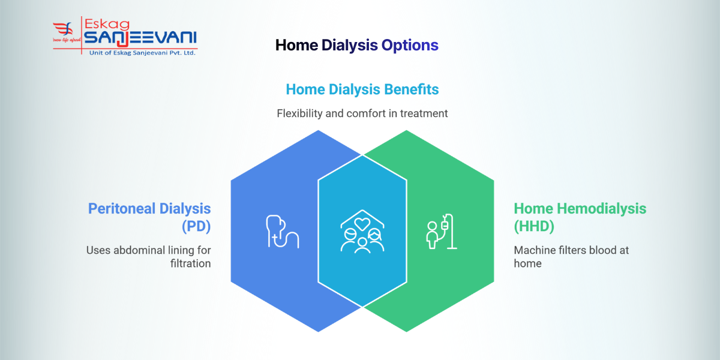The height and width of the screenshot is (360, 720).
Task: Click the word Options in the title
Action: point(410,45)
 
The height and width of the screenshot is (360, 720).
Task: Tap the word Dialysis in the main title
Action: point(349,45)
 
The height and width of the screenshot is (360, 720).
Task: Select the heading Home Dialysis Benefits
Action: point(362,89)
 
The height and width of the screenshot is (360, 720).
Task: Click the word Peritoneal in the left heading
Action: point(122,209)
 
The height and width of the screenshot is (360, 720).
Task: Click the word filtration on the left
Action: point(189,263)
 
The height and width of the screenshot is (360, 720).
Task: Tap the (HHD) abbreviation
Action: point(535,227)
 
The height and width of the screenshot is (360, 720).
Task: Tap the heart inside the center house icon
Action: point(362,224)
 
